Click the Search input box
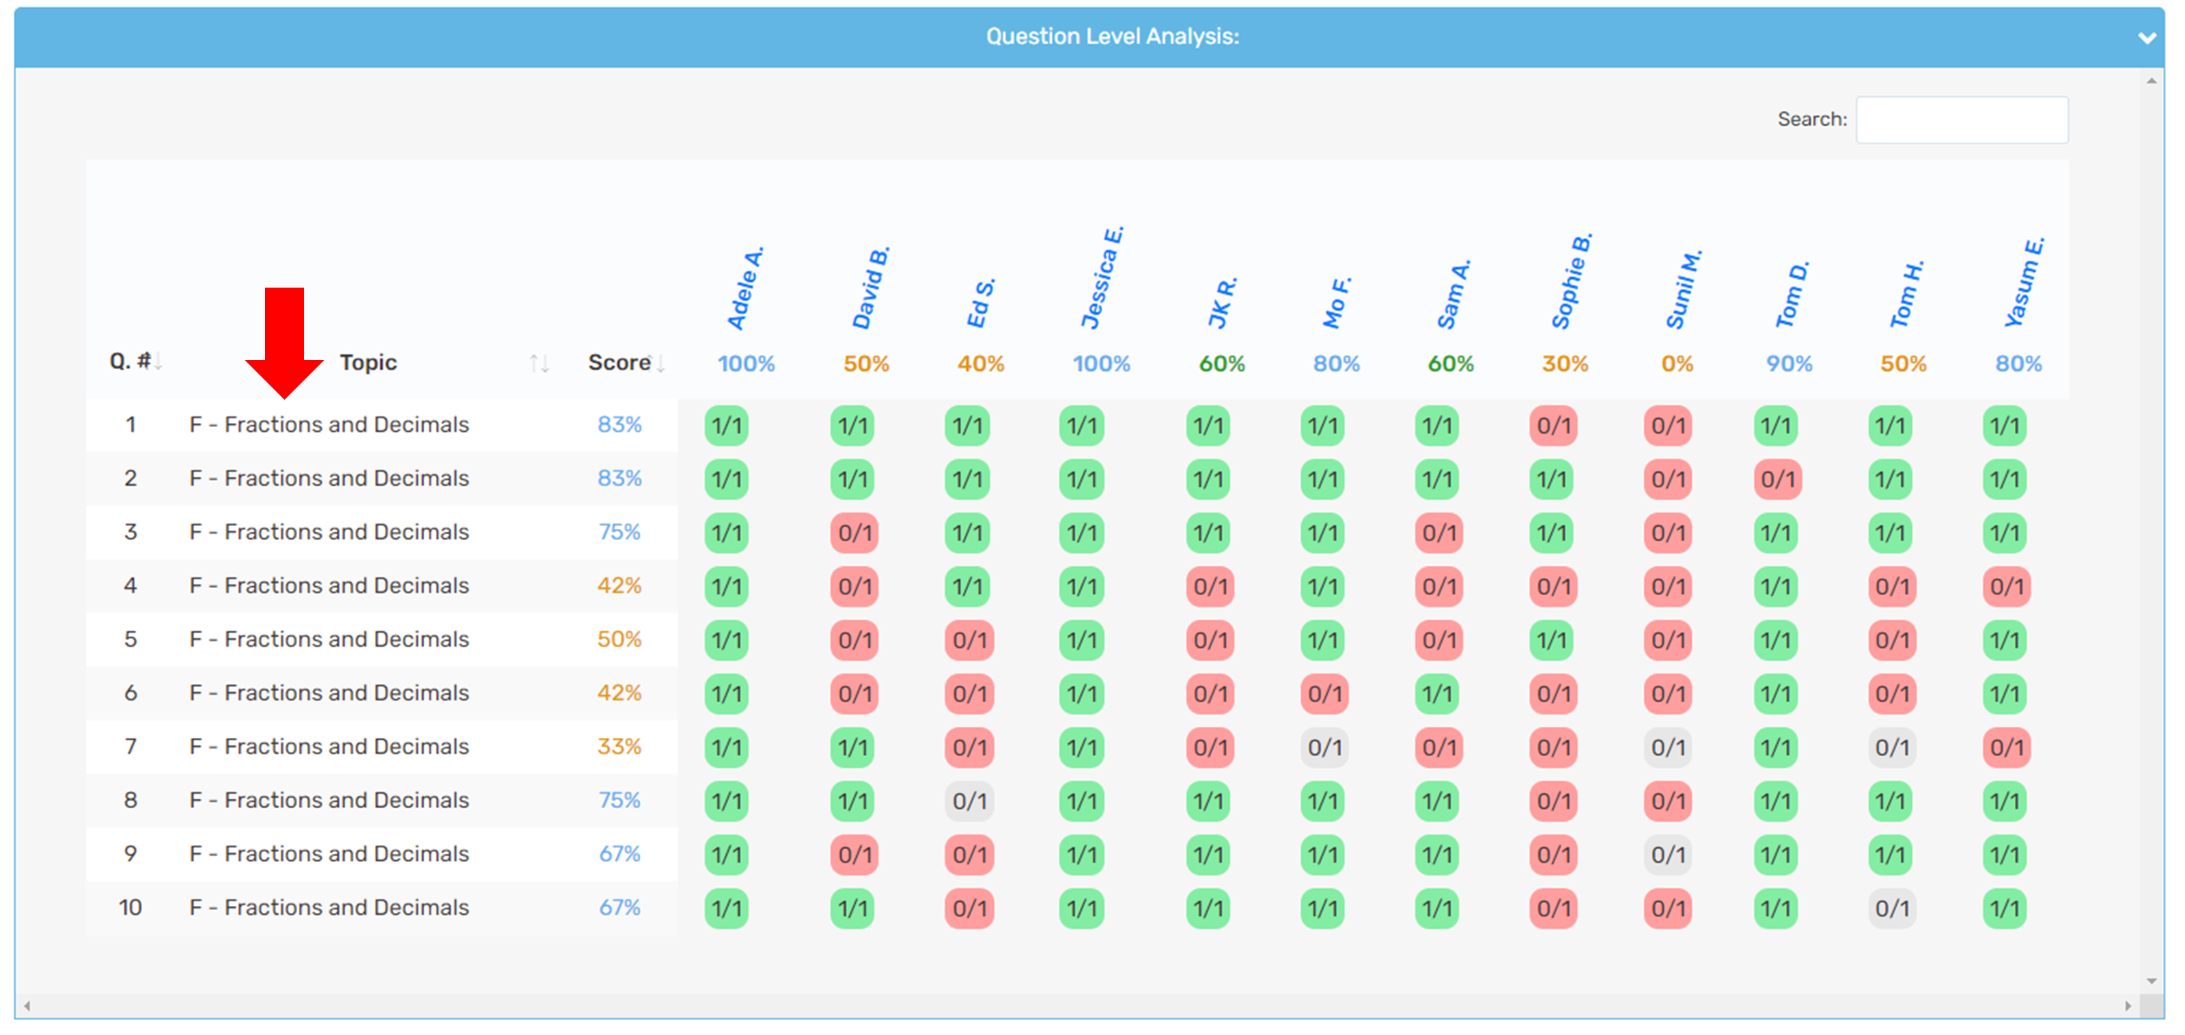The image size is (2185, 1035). click(x=1961, y=120)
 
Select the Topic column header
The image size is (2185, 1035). click(x=368, y=363)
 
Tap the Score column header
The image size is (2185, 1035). click(x=620, y=363)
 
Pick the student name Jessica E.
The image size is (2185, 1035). click(x=1101, y=278)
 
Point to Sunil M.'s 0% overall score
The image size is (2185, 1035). click(x=1677, y=364)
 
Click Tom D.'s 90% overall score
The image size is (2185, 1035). click(x=1789, y=364)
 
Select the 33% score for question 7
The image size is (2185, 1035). click(x=620, y=747)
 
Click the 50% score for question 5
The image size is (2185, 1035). click(x=620, y=639)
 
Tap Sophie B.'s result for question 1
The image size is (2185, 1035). click(x=1553, y=426)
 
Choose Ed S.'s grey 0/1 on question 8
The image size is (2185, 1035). click(x=969, y=801)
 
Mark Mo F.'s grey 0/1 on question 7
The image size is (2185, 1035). click(x=1324, y=747)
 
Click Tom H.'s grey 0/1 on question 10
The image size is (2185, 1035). click(x=1891, y=909)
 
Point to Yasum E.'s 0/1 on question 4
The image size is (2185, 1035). click(x=2006, y=586)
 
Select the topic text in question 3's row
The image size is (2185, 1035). click(x=329, y=532)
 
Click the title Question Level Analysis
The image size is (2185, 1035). click(x=1112, y=36)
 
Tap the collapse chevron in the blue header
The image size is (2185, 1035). click(x=2147, y=38)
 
